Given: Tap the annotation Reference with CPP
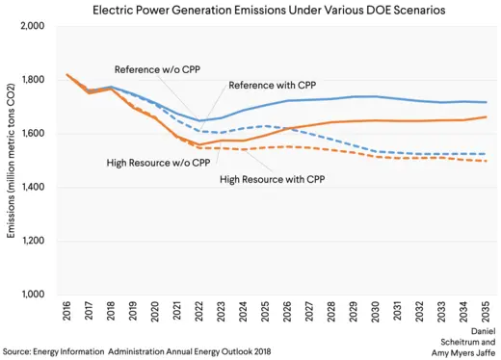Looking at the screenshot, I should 273,86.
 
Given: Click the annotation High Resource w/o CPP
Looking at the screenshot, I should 159,163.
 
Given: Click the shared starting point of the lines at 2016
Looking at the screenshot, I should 66,74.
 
